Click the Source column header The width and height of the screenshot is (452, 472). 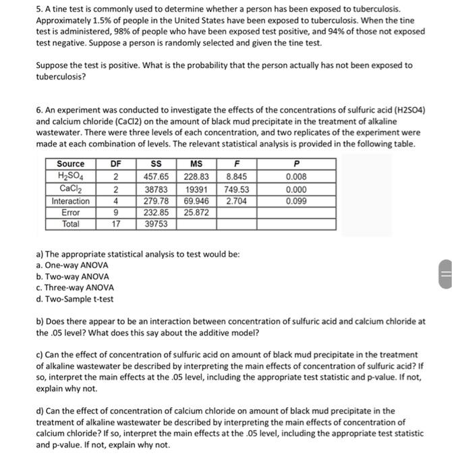pos(71,164)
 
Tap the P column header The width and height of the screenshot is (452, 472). pos(293,164)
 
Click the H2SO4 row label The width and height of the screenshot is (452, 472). pos(71,177)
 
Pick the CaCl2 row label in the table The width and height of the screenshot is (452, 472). pos(71,189)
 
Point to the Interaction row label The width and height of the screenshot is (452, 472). pos(71,202)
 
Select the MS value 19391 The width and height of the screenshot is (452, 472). pos(196,189)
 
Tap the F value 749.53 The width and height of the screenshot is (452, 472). pos(236,189)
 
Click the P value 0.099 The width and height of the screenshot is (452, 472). pos(293,202)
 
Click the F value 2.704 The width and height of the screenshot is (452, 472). pos(236,202)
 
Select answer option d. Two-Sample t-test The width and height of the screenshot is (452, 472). pos(74,299)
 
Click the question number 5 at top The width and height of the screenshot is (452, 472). pos(38,10)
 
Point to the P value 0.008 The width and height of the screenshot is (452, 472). pos(293,177)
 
